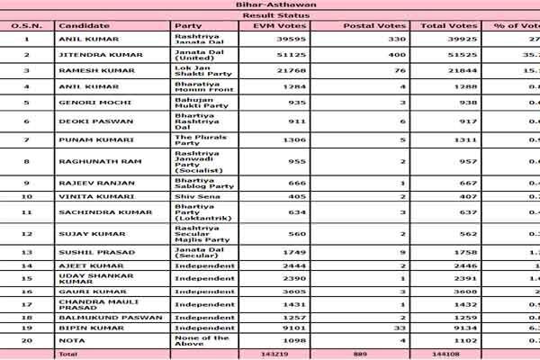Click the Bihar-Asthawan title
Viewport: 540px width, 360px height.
tap(269, 5)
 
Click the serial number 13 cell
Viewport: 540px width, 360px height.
tap(26, 255)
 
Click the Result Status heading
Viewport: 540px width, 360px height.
tap(269, 16)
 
